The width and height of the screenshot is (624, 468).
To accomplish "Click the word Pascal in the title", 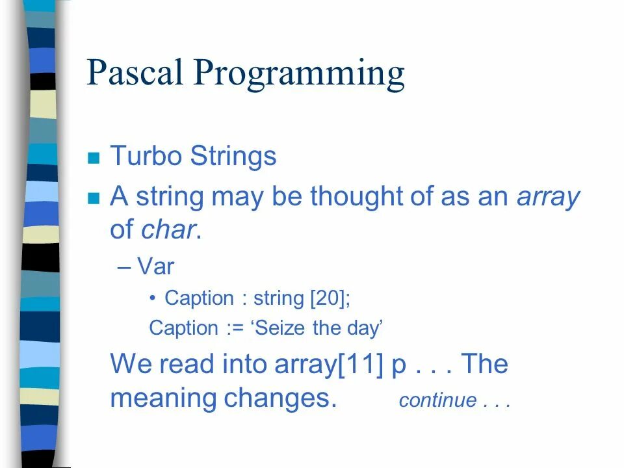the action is (135, 72).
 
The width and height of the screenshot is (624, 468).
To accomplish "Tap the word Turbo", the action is (146, 155).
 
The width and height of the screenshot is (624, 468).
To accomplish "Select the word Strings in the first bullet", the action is (233, 156).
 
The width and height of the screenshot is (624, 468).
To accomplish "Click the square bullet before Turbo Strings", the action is (94, 157).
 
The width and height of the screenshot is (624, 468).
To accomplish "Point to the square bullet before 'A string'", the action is (94, 198).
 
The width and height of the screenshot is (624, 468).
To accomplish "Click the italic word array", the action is (548, 198).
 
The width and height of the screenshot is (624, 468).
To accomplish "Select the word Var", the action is (155, 266).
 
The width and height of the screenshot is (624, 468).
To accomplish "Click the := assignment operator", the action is (235, 329).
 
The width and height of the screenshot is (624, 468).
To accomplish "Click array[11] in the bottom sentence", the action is (329, 364).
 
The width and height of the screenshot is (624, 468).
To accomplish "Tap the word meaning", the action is (163, 398).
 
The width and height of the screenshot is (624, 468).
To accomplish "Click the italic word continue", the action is (437, 400).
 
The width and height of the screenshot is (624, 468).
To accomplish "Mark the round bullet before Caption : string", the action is (152, 298).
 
